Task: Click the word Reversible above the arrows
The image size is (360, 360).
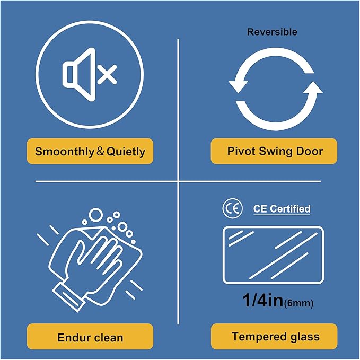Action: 272,32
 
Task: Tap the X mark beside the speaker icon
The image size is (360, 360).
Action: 107,74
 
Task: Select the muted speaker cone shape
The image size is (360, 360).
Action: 79,74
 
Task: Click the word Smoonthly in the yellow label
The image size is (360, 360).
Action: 65,152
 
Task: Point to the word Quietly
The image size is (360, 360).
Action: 126,152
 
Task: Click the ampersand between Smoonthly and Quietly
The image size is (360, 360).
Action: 100,151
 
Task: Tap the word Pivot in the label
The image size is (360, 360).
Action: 241,151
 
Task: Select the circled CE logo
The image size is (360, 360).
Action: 232,208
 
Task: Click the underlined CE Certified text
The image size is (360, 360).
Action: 282,209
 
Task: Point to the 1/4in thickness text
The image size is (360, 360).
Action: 263,300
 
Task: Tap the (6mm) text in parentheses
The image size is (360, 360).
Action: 298,303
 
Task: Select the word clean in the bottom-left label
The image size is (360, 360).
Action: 109,338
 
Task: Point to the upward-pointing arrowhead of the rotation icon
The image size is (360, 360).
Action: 313,87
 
